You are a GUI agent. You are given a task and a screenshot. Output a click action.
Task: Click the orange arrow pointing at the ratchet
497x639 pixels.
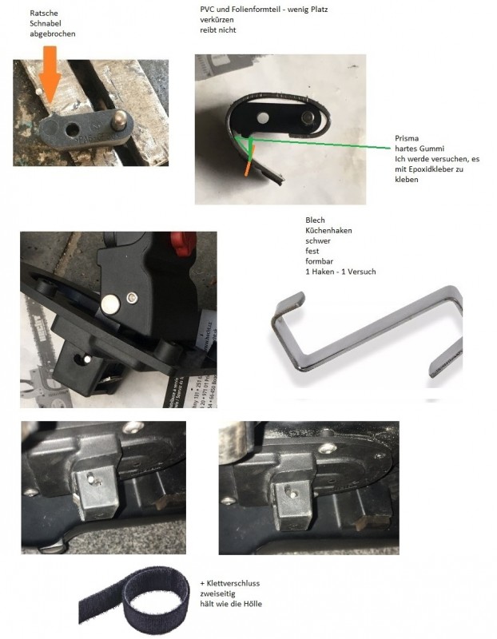[51, 73]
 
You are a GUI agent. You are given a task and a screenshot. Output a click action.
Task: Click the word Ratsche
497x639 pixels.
[44, 13]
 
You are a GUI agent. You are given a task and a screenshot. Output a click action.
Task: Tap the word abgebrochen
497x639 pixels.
[53, 34]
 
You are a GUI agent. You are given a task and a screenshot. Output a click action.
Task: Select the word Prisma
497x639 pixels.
[407, 138]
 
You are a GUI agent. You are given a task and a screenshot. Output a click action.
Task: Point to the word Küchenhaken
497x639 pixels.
[328, 230]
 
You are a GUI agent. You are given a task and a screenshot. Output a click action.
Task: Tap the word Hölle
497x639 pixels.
[252, 604]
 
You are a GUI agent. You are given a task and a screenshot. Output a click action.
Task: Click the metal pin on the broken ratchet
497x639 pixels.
[120, 119]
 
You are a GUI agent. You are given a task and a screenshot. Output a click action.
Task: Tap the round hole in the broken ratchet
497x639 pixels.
[72, 130]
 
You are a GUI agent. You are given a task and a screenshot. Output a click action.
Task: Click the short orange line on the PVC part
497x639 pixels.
[249, 161]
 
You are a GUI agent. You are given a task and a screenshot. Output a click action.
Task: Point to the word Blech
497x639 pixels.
[315, 220]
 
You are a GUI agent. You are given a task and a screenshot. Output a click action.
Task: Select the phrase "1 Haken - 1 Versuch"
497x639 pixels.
[340, 272]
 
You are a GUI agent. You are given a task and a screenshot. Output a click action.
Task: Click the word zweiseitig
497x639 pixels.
[217, 593]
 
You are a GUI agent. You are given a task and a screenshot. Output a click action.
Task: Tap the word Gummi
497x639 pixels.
[431, 149]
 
